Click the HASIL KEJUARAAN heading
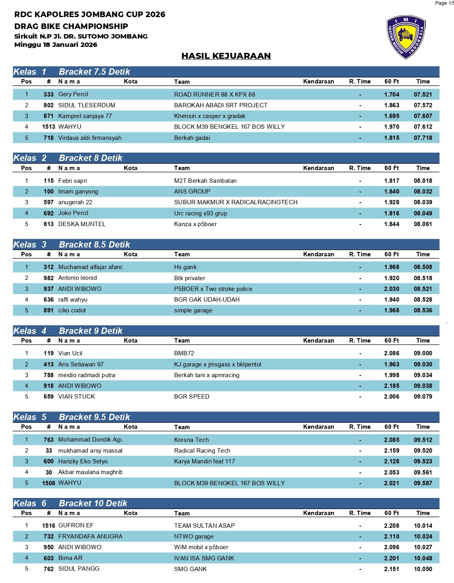[x=226, y=56]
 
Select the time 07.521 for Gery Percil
[x=423, y=95]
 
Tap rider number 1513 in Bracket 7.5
[x=48, y=127]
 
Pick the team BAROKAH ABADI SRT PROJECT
[x=221, y=105]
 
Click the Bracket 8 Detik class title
[x=90, y=158]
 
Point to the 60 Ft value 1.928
[x=391, y=202]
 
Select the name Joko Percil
[x=73, y=213]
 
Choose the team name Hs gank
[x=185, y=267]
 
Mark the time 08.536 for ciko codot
[x=423, y=310]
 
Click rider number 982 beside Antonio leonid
[x=48, y=278]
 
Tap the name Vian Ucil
[x=70, y=353]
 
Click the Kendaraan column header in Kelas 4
[x=318, y=341]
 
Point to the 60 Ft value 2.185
[x=391, y=386]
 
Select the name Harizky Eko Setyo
[x=83, y=461]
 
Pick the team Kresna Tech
[x=191, y=440]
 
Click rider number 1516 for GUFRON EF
[x=48, y=526]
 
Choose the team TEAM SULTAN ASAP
[x=204, y=526]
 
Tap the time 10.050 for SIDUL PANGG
[x=423, y=569]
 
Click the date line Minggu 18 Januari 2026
[x=56, y=45]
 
